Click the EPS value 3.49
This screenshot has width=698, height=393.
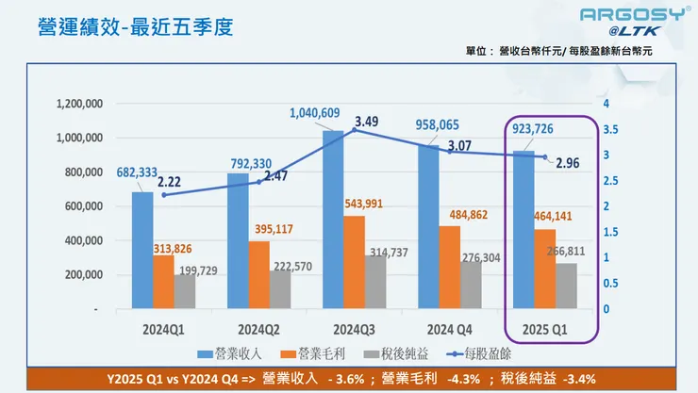point(367,121)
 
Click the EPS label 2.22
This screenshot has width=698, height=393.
point(171,182)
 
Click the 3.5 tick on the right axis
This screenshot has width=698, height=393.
point(609,129)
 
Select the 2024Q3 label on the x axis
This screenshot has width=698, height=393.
point(354,330)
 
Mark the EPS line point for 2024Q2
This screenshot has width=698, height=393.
point(259,182)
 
